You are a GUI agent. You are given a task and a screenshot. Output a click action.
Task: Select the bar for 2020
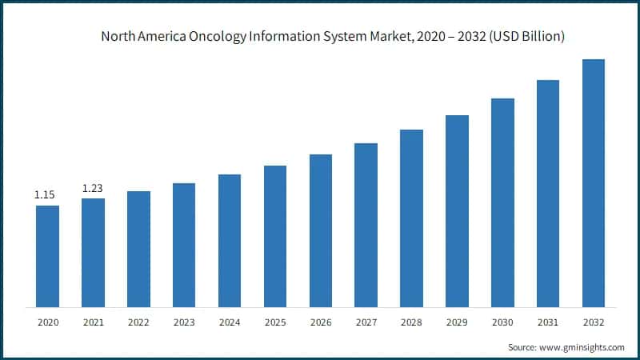[47, 256]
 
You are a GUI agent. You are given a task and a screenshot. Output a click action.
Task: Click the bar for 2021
[93, 253]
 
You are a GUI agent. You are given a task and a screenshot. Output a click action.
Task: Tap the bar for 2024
[230, 241]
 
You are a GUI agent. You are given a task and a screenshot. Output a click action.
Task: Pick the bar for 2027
[366, 225]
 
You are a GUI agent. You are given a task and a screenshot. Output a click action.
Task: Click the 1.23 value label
[93, 188]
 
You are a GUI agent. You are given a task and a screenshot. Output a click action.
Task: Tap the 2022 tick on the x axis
[138, 322]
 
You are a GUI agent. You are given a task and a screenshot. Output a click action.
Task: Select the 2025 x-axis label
[275, 322]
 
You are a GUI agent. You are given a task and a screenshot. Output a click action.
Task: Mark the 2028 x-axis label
[411, 322]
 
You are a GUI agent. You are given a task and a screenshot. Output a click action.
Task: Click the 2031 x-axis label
[548, 322]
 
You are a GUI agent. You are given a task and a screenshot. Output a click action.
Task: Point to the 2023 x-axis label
[184, 322]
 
